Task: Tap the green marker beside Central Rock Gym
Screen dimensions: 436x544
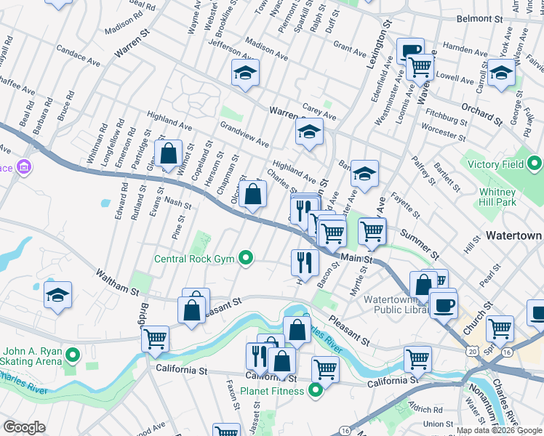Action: click(x=247, y=257)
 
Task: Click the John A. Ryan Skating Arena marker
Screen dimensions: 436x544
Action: click(x=71, y=355)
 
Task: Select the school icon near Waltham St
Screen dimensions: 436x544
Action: click(x=57, y=295)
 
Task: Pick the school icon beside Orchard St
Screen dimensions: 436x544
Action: click(x=500, y=73)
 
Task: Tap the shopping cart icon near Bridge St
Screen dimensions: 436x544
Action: click(x=155, y=337)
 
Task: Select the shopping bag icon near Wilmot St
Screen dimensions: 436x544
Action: click(x=168, y=153)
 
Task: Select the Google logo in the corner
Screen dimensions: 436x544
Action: click(x=24, y=427)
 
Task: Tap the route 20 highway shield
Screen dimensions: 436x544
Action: click(x=474, y=351)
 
